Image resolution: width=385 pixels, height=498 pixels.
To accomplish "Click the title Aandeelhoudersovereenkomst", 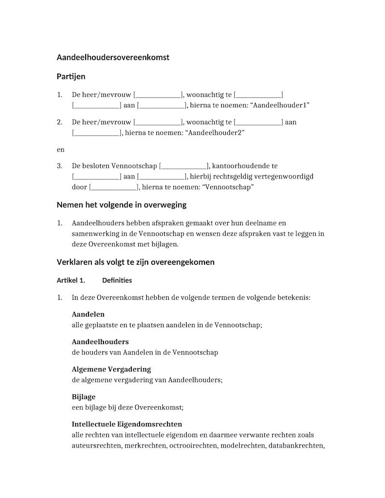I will (113, 58).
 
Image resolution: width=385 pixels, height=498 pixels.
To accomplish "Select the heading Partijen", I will (71, 77).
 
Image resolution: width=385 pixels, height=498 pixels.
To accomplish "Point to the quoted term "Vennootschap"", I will (229, 187).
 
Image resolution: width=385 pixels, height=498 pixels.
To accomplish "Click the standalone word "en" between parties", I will (61, 150).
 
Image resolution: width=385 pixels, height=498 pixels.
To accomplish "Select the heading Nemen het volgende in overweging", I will (121, 205).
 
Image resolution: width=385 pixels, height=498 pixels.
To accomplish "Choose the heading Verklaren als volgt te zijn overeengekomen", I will (136, 262).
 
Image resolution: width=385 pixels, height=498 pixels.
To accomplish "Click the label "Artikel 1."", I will (71, 281).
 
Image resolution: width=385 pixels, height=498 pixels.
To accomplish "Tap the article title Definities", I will (117, 281).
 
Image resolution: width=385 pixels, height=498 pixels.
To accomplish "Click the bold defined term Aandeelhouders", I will (100, 342).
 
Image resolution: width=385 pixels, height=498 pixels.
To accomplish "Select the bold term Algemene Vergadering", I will (111, 370).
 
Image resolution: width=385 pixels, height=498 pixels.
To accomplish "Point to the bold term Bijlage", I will (84, 397).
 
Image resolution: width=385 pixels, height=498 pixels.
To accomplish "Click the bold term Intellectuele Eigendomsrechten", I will (127, 424).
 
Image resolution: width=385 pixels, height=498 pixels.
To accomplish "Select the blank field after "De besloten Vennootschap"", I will (183, 166).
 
